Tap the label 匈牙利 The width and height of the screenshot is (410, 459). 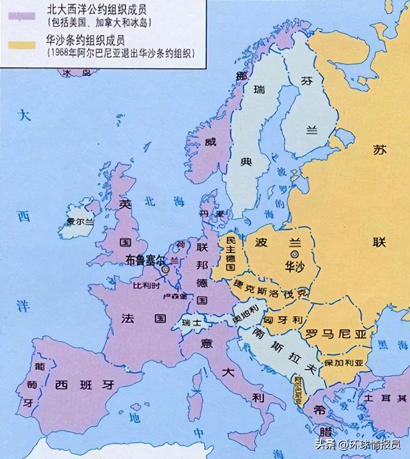[x=283, y=320]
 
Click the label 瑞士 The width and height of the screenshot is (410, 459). [x=192, y=322]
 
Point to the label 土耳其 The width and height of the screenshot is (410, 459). [x=385, y=398]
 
